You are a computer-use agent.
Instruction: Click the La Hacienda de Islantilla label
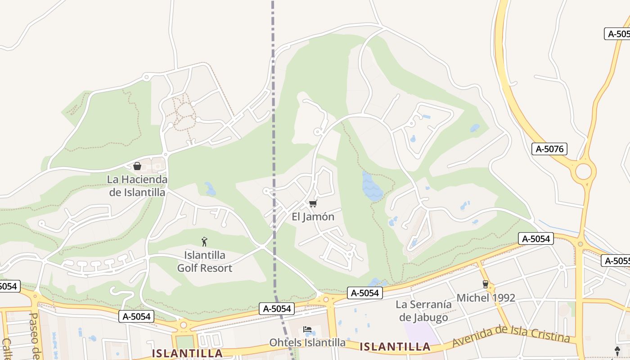coord(137,186)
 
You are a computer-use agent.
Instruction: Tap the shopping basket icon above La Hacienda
coord(137,166)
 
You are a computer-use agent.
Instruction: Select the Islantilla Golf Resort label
coord(204,261)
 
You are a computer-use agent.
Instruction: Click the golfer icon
coord(204,242)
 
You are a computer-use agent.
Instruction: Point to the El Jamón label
coord(313,217)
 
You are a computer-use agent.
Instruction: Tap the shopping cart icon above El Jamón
coord(313,204)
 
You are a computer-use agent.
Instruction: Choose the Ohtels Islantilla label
coord(307,342)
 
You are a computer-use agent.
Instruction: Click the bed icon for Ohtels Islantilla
coord(307,329)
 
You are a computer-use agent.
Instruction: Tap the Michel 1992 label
coord(486,298)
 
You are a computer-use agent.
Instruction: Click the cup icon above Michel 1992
coord(485,284)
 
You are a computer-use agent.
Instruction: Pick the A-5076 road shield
coord(549,149)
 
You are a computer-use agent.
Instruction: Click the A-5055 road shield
coord(616,261)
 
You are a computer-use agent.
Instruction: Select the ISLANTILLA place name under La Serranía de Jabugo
coord(395,347)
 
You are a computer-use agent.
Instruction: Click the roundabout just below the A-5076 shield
coord(583,172)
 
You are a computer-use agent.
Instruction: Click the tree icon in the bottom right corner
coord(617,351)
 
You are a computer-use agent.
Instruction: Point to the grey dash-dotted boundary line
coord(273,135)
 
